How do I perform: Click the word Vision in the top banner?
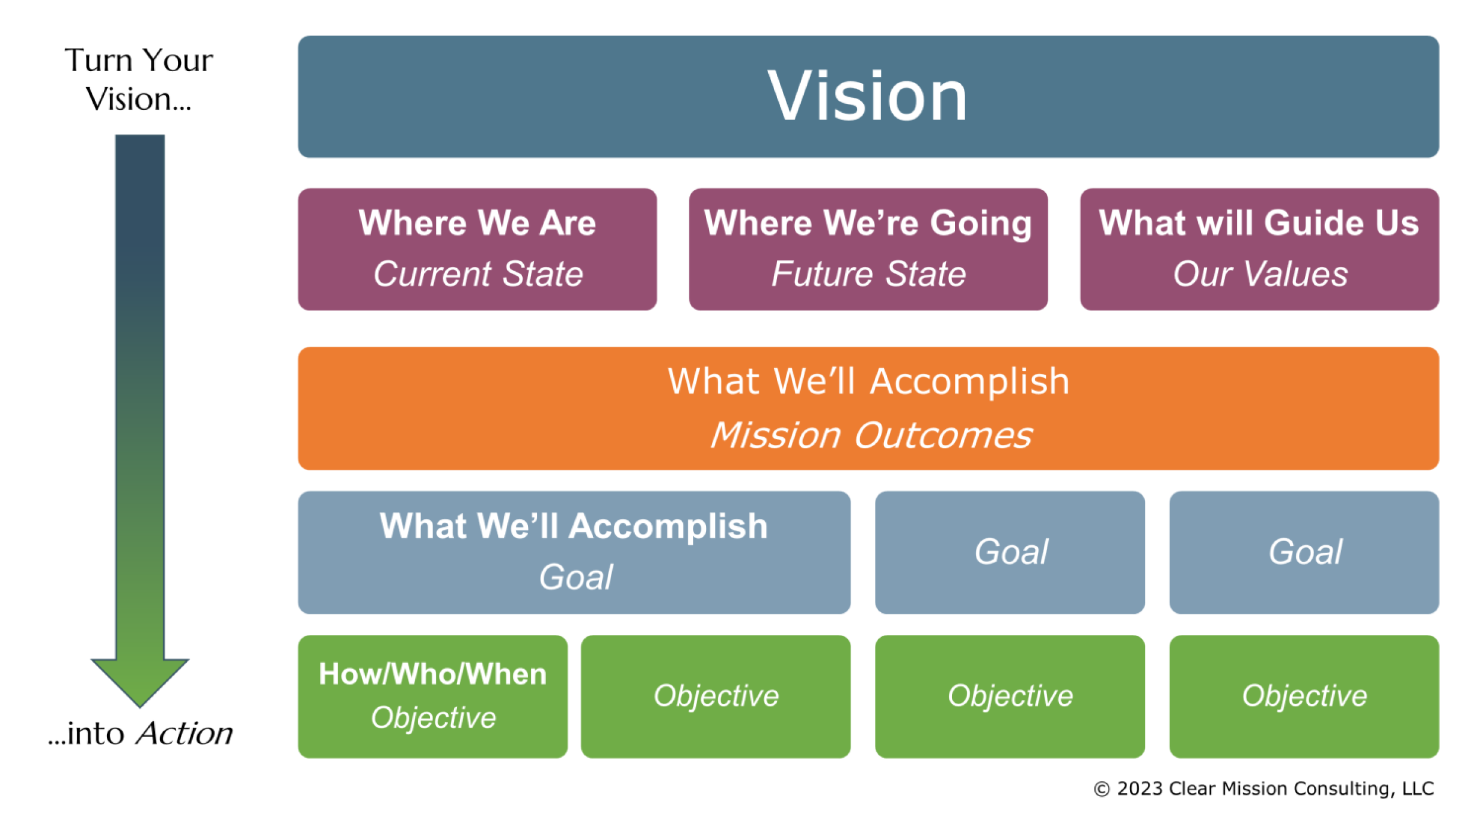pyautogui.click(x=867, y=96)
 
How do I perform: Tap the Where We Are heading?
pyautogui.click(x=477, y=223)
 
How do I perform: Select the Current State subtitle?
pyautogui.click(x=478, y=274)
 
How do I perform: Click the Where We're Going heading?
pyautogui.click(x=868, y=223)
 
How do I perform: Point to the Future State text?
pyautogui.click(x=868, y=274)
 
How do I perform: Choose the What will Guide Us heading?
pyautogui.click(x=1259, y=223)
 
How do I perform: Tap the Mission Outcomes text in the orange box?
pyautogui.click(x=871, y=435)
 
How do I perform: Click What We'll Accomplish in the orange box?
pyautogui.click(x=868, y=381)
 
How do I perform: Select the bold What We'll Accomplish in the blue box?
pyautogui.click(x=574, y=526)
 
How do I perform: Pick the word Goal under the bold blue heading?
pyautogui.click(x=575, y=577)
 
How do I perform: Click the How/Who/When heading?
pyautogui.click(x=432, y=675)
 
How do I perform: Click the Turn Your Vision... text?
pyautogui.click(x=139, y=80)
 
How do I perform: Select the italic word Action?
pyautogui.click(x=184, y=734)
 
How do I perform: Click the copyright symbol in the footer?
pyautogui.click(x=1102, y=790)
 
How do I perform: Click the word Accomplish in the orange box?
pyautogui.click(x=969, y=381)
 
